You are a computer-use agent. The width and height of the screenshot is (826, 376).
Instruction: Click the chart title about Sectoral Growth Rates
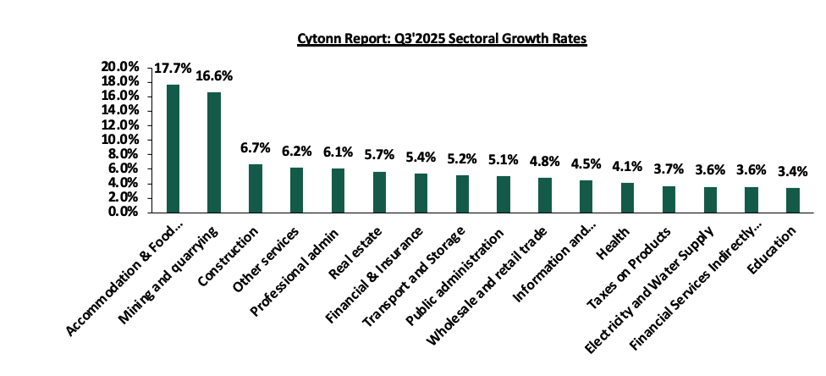tap(441, 39)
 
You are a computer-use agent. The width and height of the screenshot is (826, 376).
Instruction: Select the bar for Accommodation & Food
tap(173, 147)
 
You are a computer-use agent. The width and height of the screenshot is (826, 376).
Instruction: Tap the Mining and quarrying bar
tap(214, 152)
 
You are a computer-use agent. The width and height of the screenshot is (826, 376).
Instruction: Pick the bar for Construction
tap(256, 187)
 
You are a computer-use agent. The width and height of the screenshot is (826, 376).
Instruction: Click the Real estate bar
tap(379, 191)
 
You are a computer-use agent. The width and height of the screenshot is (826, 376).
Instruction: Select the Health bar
tap(627, 196)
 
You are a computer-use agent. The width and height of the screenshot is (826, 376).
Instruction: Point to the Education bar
tap(793, 199)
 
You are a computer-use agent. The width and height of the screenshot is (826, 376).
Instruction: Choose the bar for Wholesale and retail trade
tap(544, 194)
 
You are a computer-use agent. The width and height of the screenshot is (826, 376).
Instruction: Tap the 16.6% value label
tap(214, 76)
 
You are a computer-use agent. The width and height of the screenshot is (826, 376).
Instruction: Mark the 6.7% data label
tap(256, 148)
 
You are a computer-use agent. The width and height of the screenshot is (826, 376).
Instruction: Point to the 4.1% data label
tap(627, 167)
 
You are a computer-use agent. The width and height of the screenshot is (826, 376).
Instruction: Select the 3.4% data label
tap(793, 172)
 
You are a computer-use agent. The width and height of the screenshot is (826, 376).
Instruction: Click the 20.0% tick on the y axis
tap(119, 67)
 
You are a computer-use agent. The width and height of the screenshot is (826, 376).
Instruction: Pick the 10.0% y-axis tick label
tap(119, 140)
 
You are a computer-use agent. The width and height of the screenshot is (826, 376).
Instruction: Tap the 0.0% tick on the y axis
tap(123, 212)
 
